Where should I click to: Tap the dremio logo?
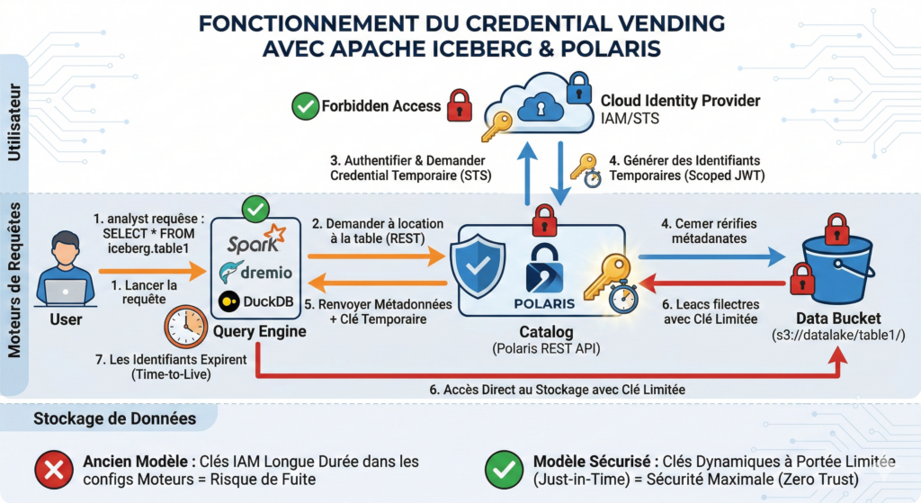coord(255,270)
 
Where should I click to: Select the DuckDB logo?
coord(256,302)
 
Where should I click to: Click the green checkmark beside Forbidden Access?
coord(306,107)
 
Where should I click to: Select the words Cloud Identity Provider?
coord(682,101)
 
